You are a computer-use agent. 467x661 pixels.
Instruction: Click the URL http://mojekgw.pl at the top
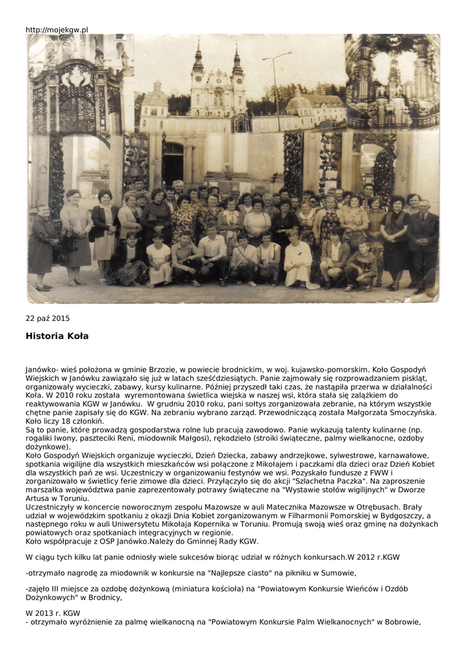point(57,30)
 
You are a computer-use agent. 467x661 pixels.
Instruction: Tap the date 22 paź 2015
point(48,318)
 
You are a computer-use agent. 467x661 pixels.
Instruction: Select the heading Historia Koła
point(57,336)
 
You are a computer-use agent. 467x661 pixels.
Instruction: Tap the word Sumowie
point(339,572)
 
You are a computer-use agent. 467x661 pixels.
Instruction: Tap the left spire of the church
point(197,61)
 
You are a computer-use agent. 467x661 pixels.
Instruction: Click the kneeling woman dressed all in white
point(299,262)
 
